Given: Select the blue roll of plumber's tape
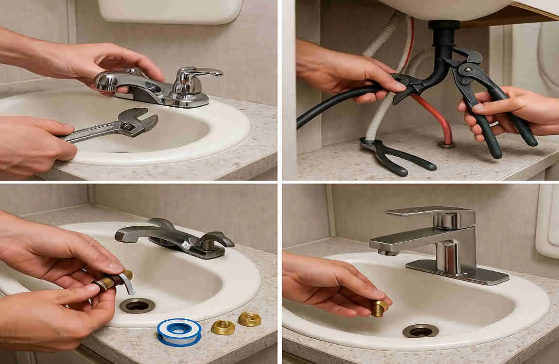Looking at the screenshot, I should point(179,331).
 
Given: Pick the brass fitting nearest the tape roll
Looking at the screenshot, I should point(222,327).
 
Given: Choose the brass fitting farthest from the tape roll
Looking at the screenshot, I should point(249,319).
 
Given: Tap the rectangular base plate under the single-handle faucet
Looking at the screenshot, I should point(457,272).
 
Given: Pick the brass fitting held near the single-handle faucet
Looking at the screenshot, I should point(379,307).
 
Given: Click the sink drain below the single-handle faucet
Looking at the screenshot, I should point(420,331).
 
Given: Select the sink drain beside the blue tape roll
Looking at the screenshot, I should point(137,305).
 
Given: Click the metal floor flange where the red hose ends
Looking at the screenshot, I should point(446,144).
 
